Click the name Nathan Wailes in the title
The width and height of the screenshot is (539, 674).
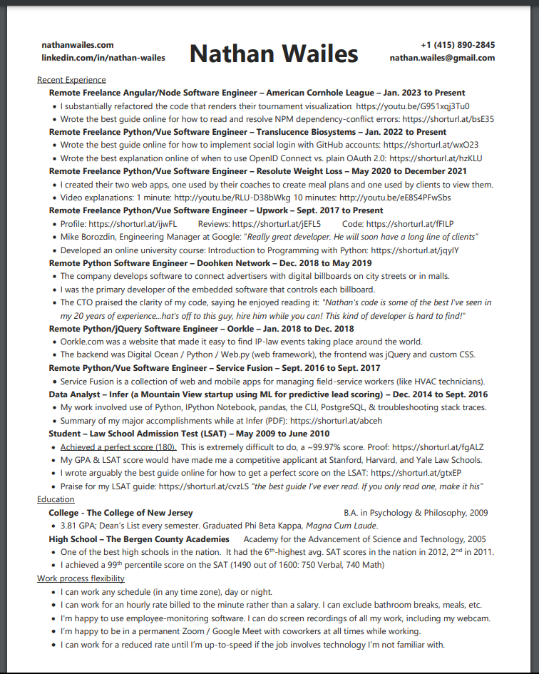pos(274,53)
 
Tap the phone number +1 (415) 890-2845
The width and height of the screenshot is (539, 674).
pos(457,45)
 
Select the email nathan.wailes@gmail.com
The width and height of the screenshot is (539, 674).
pos(442,58)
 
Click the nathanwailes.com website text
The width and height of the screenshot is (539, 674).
pos(83,45)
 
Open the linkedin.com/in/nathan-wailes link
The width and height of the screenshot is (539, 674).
pos(103,57)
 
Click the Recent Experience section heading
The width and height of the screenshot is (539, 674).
pos(71,80)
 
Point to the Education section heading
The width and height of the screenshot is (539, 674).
pos(56,499)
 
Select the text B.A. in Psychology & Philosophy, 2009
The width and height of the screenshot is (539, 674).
pos(416,513)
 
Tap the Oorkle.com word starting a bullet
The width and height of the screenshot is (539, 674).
pos(81,342)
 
